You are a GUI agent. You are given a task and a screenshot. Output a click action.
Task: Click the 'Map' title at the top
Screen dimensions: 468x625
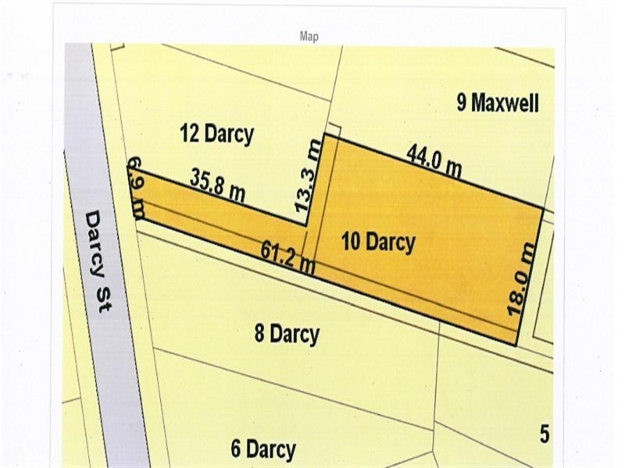[309, 37]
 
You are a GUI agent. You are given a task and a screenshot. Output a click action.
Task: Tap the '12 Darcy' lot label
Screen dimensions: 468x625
[217, 134]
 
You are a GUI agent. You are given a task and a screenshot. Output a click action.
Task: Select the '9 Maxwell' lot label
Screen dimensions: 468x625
[498, 102]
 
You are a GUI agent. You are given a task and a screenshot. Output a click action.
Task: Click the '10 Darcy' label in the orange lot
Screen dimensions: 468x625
[378, 243]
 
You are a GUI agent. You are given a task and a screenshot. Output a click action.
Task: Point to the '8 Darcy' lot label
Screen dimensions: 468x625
[287, 334]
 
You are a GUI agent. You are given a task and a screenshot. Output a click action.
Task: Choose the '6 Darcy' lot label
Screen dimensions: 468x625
[263, 449]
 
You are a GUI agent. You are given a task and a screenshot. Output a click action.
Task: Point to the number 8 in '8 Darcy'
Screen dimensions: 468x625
[260, 334]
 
